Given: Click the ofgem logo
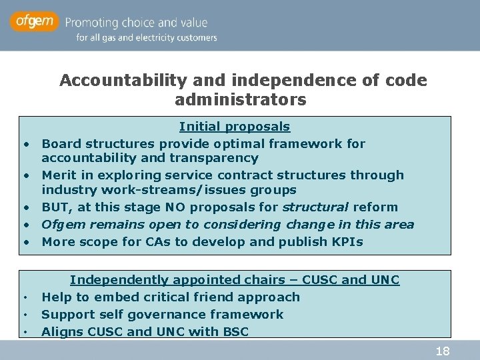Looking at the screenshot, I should [x=33, y=22].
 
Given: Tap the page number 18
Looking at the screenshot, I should [x=442, y=351].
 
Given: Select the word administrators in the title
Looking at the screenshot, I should [x=240, y=100].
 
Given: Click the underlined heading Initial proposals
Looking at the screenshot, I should [x=235, y=127].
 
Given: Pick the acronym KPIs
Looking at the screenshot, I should [x=347, y=242].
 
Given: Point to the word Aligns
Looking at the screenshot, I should [x=60, y=331].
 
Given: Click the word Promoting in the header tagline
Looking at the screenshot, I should [x=95, y=22].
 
